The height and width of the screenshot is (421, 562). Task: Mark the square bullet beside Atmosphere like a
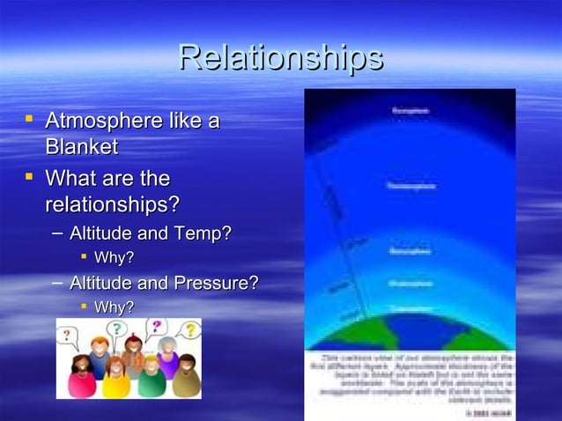pos(30,118)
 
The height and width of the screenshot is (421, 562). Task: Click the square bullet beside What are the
pos(30,177)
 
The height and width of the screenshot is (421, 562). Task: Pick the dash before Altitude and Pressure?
pos(57,283)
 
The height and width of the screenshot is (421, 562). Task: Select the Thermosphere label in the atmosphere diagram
pos(410,186)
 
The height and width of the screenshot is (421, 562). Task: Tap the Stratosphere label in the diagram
pos(410,284)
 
